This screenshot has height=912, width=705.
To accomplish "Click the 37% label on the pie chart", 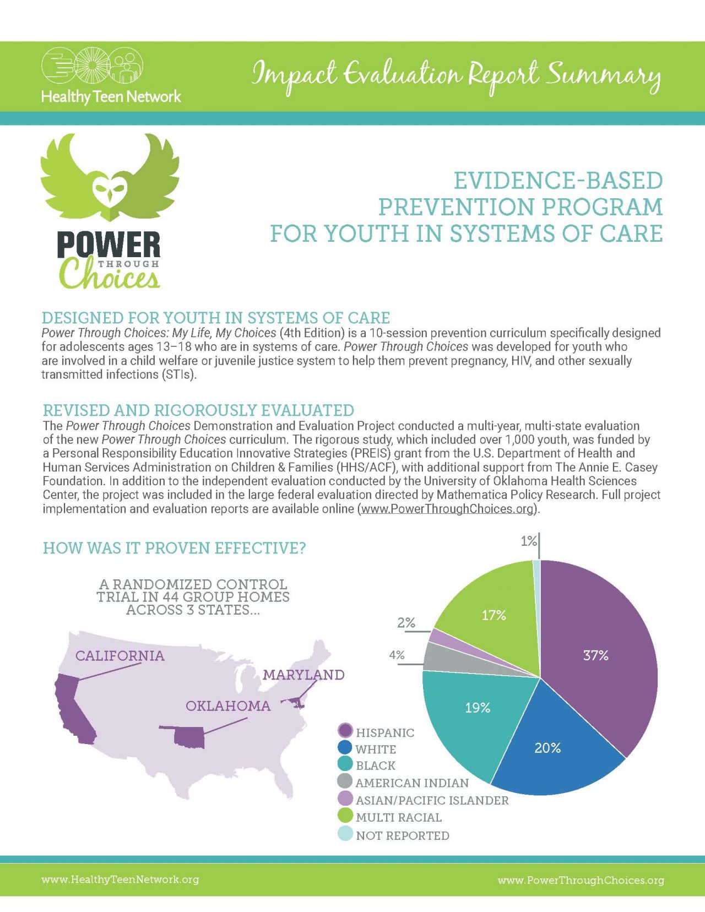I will [x=595, y=655].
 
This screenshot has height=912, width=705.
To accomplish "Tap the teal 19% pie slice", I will [x=474, y=716].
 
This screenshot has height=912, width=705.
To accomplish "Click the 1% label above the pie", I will [x=528, y=541].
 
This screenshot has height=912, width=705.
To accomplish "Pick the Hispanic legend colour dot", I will [x=345, y=731].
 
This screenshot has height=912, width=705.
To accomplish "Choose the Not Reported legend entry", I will [x=402, y=835].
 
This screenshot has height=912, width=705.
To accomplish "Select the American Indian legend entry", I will [x=412, y=783].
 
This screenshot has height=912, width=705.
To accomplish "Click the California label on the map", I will [x=120, y=655].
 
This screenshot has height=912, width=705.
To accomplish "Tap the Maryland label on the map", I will [x=303, y=675].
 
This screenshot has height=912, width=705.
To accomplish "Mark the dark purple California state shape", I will [x=74, y=710].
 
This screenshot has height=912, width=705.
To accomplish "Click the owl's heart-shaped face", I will [x=109, y=190].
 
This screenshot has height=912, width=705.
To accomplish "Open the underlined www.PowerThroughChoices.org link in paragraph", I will [x=447, y=509].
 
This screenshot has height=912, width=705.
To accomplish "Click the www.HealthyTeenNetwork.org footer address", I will [x=120, y=880].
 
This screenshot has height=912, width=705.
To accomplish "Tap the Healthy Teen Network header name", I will [x=111, y=97].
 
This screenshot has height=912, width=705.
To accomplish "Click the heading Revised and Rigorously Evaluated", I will [x=198, y=410].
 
